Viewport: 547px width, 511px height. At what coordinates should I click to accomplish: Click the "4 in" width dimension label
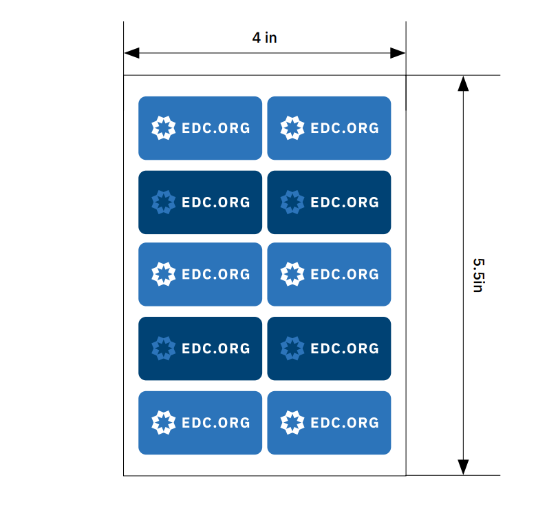264,38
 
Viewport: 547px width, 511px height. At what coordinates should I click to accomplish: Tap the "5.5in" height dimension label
478,275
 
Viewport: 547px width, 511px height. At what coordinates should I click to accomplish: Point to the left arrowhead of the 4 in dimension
132,53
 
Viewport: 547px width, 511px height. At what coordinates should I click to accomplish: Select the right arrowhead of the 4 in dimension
398,53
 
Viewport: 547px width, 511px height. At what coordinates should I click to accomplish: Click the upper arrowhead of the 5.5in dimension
463,83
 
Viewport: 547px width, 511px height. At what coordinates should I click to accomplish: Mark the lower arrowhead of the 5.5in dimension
463,468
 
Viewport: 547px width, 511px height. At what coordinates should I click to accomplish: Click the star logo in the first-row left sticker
164,128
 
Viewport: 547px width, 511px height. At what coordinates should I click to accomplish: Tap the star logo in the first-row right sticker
292,128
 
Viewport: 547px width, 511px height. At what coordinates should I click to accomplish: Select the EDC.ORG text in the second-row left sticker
216,202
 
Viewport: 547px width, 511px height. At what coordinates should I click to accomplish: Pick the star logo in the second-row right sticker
292,202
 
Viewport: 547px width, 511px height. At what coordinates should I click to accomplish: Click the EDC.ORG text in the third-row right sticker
345,275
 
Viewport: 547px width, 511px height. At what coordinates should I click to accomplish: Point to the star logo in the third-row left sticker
164,274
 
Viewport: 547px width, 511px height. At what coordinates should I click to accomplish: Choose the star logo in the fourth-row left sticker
164,348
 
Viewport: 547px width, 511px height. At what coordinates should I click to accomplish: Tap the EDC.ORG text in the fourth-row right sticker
345,348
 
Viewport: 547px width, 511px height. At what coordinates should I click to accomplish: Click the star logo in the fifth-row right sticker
292,423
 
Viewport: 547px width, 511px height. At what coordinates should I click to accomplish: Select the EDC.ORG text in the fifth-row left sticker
216,423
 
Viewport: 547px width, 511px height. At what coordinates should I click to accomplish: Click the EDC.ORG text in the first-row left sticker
216,128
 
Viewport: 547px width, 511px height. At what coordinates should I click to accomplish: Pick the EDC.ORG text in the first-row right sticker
345,128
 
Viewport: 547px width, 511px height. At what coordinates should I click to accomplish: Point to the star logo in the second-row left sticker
164,202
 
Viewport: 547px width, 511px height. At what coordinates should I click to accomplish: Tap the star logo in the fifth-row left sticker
164,423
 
